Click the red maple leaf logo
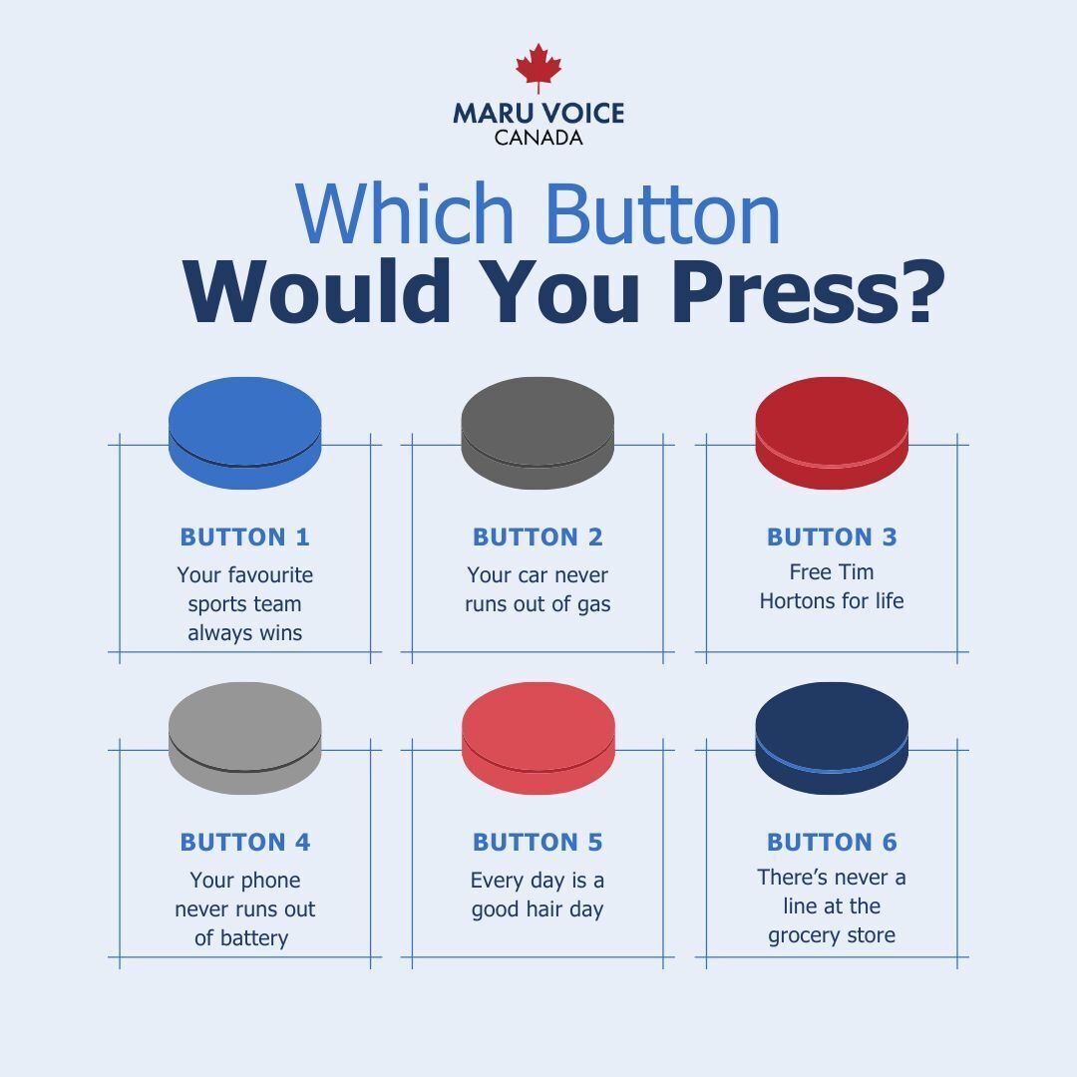pos(538,68)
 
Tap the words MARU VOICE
pos(538,113)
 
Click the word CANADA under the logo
pos(538,138)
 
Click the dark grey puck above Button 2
pos(538,432)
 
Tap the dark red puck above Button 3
pos(832,432)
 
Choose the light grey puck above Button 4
pos(245,737)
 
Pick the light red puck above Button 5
pos(538,737)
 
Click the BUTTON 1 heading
pos(245,537)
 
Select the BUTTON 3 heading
pos(832,537)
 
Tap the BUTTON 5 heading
pos(538,842)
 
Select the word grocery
pos(802,935)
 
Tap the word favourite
pos(271,575)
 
